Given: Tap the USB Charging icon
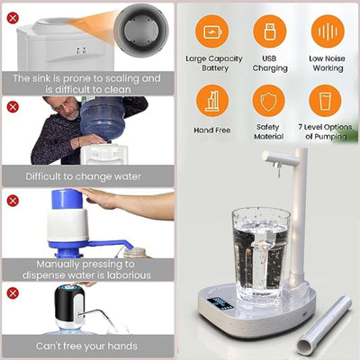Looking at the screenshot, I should (268, 31).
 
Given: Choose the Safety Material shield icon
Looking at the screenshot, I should (268, 100).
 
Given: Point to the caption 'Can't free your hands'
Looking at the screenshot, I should (87, 345).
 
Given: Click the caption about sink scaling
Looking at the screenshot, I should (87, 84).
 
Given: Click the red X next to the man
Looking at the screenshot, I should (13, 106).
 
